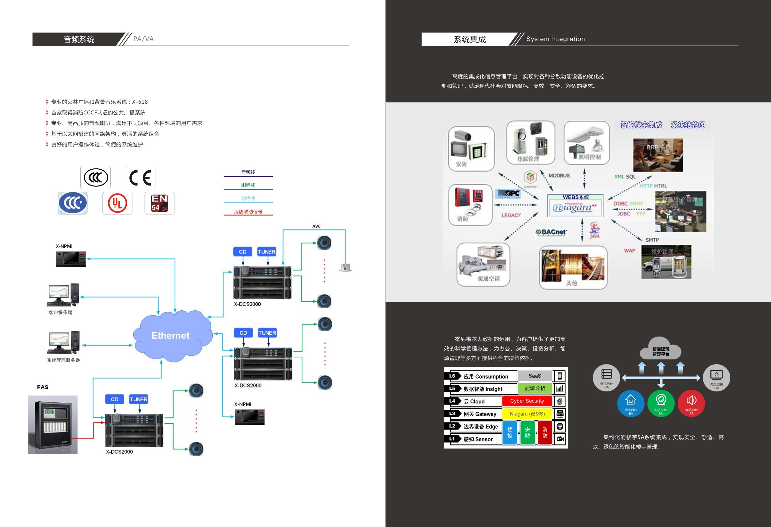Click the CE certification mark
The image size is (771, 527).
tap(140, 178)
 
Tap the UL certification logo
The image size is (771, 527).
tap(117, 203)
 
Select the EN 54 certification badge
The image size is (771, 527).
tap(160, 203)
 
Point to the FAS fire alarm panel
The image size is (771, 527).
tap(53, 425)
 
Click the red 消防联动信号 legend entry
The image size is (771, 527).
tap(248, 212)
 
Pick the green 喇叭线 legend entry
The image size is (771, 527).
tap(248, 185)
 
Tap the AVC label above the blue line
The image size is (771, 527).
tap(316, 226)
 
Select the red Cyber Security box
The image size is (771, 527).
tap(527, 401)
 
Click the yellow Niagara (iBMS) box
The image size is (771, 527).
tap(527, 414)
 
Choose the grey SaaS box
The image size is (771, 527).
tap(534, 376)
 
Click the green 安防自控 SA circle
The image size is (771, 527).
tap(661, 403)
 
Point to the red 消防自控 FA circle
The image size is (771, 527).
tap(691, 403)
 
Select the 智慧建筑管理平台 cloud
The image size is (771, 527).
tap(661, 350)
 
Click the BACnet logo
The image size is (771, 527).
tap(552, 232)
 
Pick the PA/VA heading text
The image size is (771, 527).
tap(143, 39)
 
